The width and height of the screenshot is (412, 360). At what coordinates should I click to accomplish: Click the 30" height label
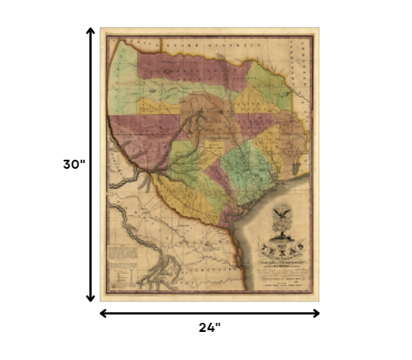(74, 164)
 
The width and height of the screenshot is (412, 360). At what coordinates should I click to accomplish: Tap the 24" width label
(210, 327)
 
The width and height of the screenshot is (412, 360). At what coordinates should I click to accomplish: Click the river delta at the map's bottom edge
(166, 269)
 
